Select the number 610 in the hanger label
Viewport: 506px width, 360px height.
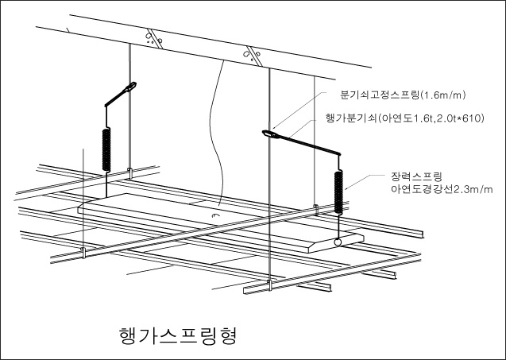click(x=473, y=118)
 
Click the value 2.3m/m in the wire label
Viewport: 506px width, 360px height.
click(x=468, y=188)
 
